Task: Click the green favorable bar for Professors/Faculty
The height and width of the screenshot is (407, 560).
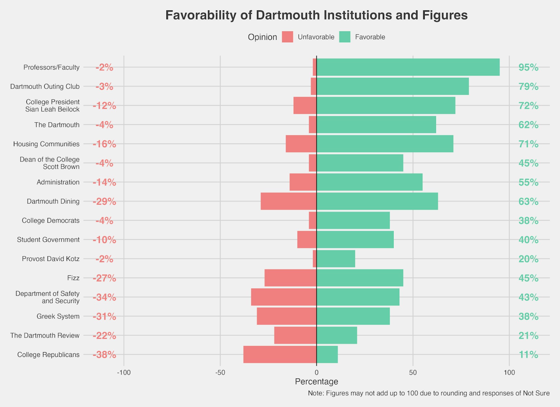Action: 408,67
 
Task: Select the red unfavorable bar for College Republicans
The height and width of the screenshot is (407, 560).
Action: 280,354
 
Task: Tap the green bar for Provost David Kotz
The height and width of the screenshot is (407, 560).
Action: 336,259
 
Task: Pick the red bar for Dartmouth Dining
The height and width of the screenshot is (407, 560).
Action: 288,201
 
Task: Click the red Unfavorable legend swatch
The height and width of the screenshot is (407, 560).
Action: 287,37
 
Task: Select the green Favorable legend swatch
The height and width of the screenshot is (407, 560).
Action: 344,37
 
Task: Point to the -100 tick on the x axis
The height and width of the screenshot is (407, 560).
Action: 124,373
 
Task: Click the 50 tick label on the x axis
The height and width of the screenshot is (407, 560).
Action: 413,373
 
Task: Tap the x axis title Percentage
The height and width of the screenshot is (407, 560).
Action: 316,382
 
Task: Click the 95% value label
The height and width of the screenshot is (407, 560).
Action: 528,67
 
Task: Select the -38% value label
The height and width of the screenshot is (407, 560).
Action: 104,355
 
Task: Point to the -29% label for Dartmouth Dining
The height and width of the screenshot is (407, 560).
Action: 104,202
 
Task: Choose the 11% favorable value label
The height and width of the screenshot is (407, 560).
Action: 528,355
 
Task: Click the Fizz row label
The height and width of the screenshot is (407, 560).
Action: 73,278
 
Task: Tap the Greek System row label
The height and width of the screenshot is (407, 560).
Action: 58,316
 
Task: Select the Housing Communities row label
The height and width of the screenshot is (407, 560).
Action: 46,144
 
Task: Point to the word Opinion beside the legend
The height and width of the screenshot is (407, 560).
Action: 262,37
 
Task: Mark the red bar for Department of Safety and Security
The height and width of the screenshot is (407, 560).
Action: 284,297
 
